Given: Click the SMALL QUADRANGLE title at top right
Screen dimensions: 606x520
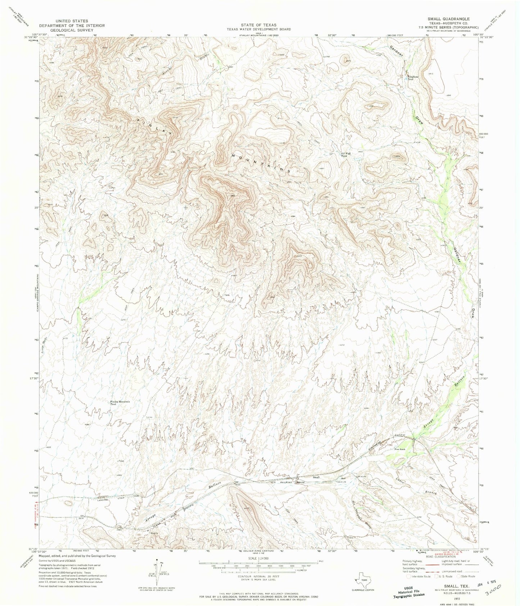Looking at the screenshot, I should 451,18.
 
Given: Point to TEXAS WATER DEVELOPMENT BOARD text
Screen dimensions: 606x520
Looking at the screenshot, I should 258,29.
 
